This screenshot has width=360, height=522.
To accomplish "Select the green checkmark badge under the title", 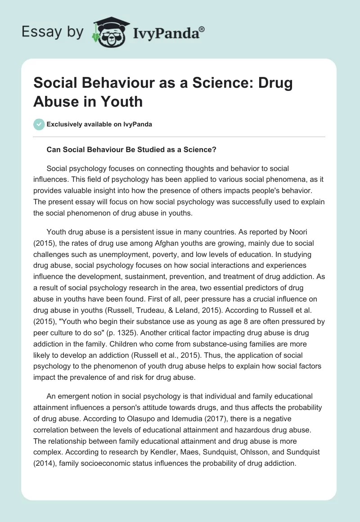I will pos(40,124).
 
